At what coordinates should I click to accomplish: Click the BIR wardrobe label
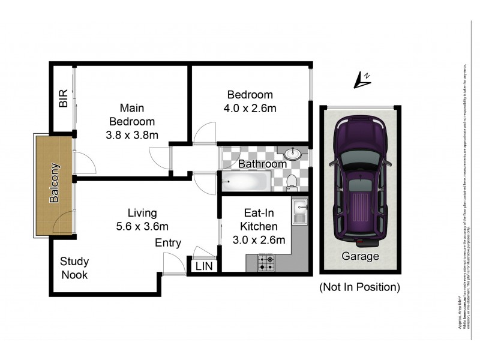pos(63,100)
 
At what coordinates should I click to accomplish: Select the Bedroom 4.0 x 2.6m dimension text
pos(250,109)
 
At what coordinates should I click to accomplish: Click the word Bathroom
pos(262,163)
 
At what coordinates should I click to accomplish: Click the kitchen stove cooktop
pos(266,263)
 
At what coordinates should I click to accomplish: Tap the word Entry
pos(169,242)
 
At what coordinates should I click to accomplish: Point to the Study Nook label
pos(74,268)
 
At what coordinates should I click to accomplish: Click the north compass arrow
pos(362,79)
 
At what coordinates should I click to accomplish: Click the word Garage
pos(360,256)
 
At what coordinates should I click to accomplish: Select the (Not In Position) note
pos(359,287)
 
